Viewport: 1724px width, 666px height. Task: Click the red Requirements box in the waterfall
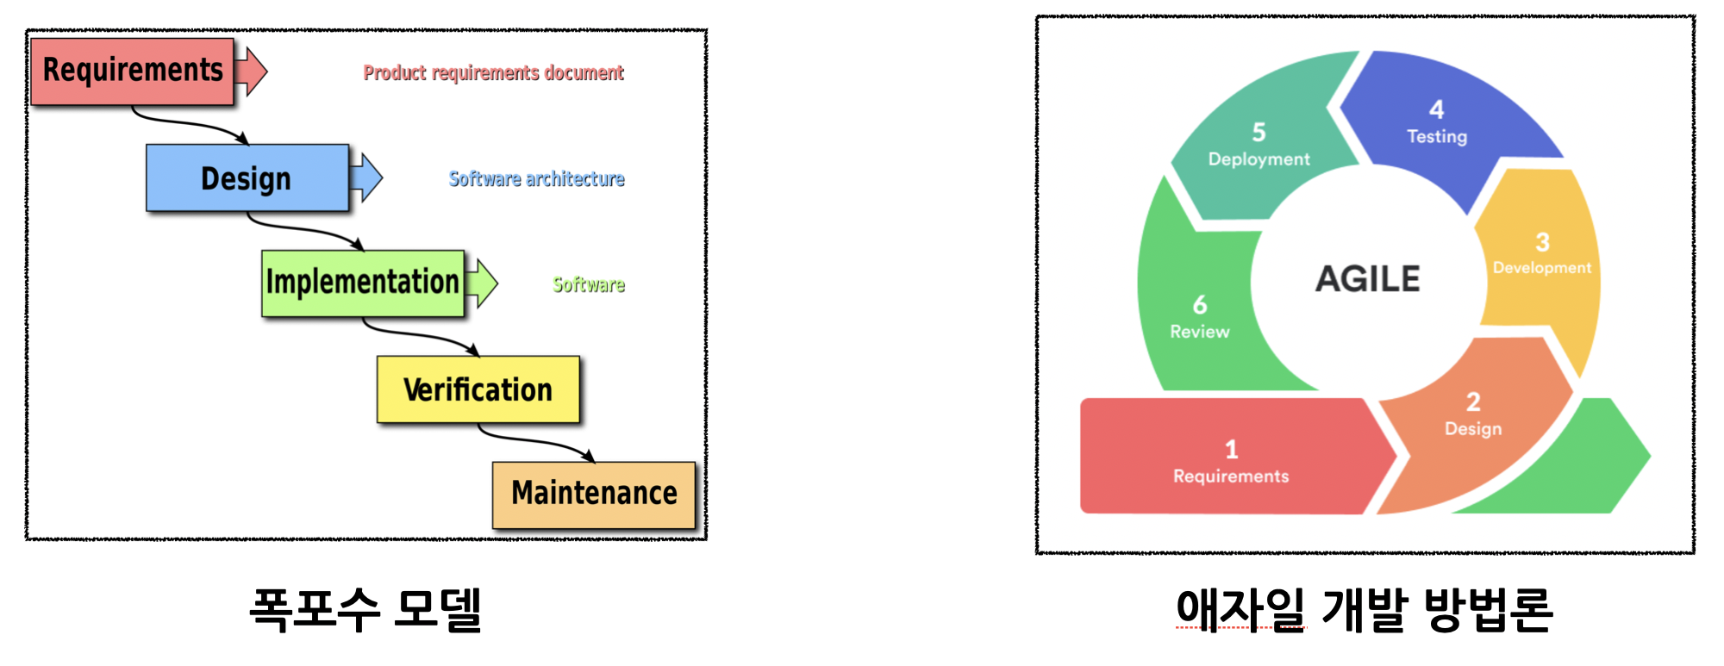(x=132, y=72)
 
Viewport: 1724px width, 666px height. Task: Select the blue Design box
(x=247, y=178)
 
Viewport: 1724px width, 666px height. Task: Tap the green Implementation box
(x=363, y=283)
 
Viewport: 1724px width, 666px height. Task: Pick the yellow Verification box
(x=478, y=389)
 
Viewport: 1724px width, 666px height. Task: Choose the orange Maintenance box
(x=594, y=495)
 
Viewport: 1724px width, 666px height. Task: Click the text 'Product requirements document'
(x=493, y=73)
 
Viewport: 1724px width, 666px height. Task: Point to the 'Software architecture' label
(x=536, y=179)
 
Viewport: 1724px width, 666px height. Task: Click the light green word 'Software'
(x=589, y=285)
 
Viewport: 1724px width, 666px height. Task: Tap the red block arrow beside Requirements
(x=252, y=71)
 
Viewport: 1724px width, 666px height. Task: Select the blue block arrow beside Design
(x=368, y=177)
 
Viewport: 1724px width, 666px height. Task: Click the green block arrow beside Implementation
(x=484, y=283)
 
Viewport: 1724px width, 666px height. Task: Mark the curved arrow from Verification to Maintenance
(x=534, y=441)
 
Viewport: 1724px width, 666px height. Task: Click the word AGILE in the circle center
(x=1367, y=279)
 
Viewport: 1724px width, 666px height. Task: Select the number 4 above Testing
(x=1436, y=109)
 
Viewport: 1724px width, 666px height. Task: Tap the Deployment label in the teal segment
(x=1259, y=159)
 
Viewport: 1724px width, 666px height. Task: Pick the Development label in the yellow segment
(x=1542, y=268)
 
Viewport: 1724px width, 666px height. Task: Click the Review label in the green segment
(x=1199, y=332)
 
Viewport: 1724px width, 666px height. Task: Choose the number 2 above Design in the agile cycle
(x=1473, y=401)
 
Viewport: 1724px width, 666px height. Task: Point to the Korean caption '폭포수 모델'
(x=365, y=610)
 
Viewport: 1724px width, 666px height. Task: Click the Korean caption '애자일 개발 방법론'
(x=1365, y=610)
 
